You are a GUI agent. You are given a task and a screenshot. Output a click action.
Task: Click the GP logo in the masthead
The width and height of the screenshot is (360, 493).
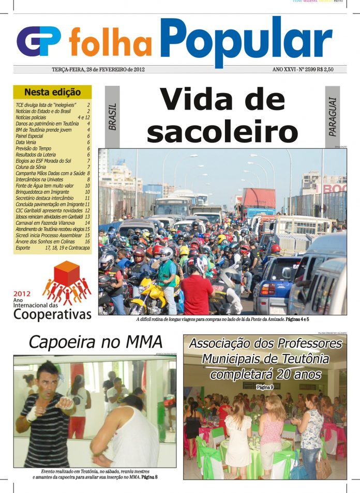click(39, 41)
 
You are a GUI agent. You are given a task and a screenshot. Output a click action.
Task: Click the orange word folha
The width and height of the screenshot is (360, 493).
click(110, 43)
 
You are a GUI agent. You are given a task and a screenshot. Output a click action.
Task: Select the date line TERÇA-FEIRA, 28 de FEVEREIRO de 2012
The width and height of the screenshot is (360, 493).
click(98, 69)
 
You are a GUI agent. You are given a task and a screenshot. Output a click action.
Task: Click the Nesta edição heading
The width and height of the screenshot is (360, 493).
click(52, 93)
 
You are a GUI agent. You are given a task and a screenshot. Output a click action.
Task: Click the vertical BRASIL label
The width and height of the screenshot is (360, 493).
click(113, 117)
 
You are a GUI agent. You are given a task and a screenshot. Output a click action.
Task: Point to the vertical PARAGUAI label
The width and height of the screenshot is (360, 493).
click(333, 117)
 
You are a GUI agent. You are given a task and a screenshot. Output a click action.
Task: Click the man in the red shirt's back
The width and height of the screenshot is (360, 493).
click(197, 295)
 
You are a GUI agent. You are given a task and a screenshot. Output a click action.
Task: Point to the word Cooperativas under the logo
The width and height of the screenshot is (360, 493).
click(52, 314)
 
